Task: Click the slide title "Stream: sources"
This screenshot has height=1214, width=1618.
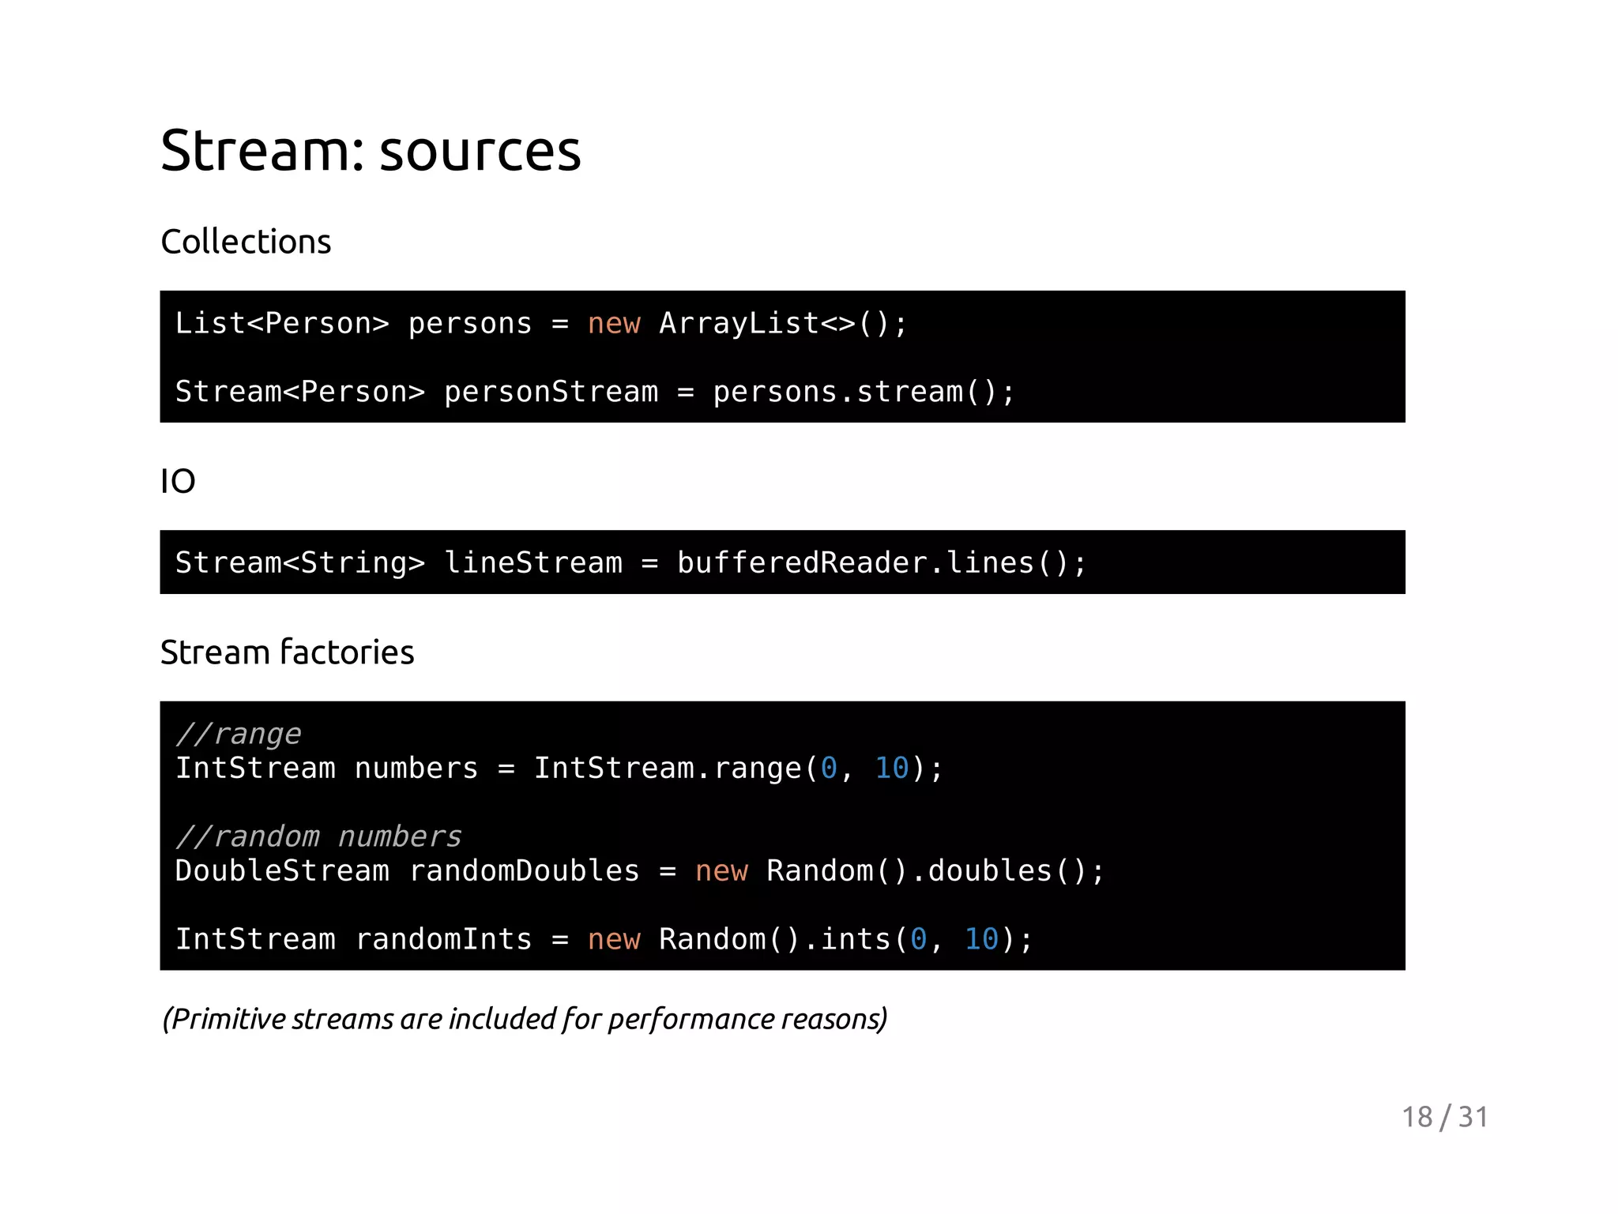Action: (x=370, y=150)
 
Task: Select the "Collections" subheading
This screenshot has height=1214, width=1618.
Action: (x=246, y=242)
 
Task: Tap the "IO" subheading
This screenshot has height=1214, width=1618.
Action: (x=178, y=481)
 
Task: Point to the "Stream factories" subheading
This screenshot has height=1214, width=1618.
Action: (x=287, y=652)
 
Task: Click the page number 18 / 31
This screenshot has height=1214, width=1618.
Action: (x=1444, y=1117)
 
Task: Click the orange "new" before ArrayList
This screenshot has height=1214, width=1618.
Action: (x=614, y=324)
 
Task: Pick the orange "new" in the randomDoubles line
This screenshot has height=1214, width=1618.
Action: (x=721, y=871)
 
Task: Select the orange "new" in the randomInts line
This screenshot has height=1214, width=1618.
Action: (x=614, y=939)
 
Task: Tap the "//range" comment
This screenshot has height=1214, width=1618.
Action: (x=238, y=735)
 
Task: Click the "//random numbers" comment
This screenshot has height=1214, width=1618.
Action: (x=318, y=836)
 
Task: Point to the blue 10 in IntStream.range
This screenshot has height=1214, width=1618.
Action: (x=892, y=769)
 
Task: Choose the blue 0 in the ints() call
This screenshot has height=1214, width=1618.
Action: (x=918, y=939)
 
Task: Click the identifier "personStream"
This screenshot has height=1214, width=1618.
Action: (x=551, y=393)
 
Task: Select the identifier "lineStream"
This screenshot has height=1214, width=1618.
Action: (x=533, y=563)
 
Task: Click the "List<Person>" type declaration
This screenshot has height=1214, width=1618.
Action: (x=282, y=324)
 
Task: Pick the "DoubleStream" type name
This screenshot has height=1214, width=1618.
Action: (x=282, y=871)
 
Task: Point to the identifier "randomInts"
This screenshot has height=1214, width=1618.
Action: (x=443, y=939)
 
